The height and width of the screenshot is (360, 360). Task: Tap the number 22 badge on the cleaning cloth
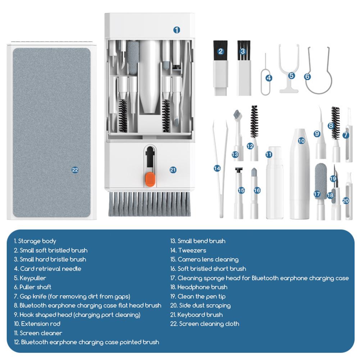[75, 170]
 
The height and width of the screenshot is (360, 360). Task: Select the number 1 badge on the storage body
[177, 30]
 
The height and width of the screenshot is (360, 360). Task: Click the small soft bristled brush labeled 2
[221, 68]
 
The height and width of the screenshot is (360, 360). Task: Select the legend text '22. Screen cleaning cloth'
[205, 324]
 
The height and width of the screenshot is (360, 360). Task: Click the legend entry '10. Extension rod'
[37, 324]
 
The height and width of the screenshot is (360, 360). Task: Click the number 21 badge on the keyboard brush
[173, 170]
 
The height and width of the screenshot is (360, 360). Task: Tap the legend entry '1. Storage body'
[35, 241]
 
